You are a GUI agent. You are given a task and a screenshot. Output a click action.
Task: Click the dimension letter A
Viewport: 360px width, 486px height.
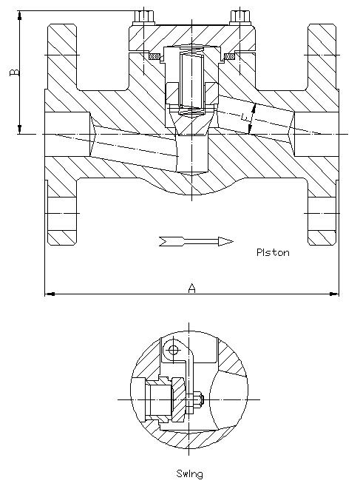click(x=192, y=288)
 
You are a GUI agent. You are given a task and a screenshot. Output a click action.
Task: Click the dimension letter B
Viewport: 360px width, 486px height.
click(x=15, y=72)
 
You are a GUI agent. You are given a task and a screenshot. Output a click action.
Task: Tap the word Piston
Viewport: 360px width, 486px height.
click(x=273, y=252)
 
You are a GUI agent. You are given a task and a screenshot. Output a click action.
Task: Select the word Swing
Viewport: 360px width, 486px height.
click(x=190, y=474)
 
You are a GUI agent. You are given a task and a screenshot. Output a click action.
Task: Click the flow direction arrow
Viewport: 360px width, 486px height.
click(x=196, y=241)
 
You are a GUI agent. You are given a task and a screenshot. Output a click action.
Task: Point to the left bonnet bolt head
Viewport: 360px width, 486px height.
click(x=143, y=17)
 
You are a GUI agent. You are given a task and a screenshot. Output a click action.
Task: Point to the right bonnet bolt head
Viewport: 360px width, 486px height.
click(x=240, y=17)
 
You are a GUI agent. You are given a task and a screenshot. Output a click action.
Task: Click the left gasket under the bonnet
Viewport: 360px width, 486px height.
click(x=154, y=57)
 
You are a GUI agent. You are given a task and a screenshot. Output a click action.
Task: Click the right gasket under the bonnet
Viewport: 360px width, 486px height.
click(x=230, y=57)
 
